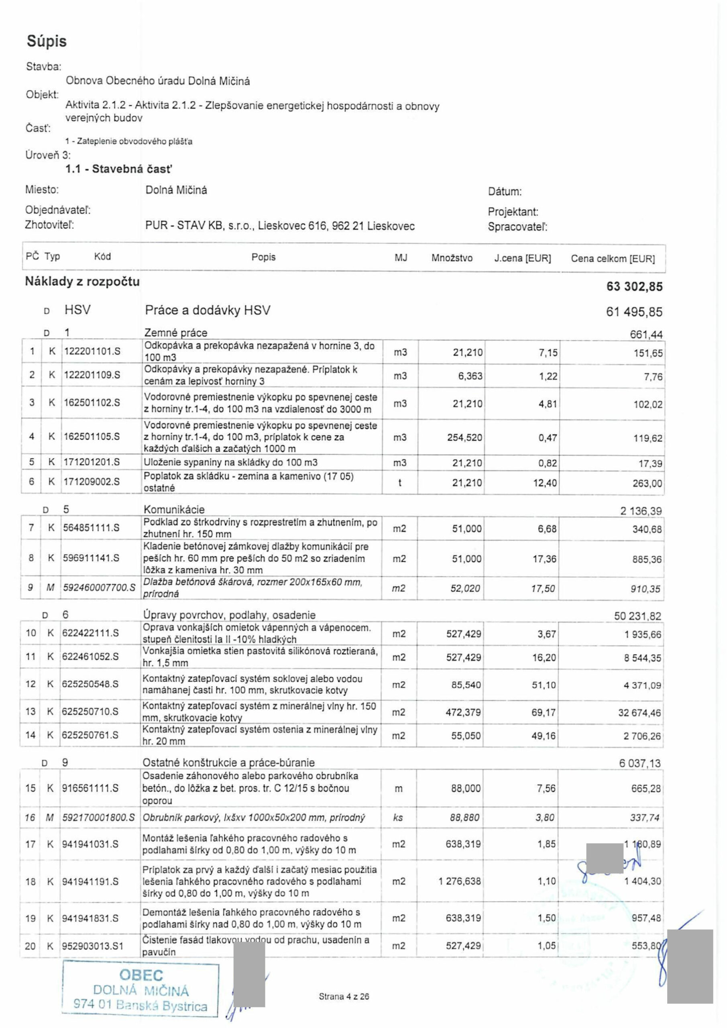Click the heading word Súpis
pos(47,41)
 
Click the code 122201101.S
pos(92,351)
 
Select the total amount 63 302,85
pos(634,287)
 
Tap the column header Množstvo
pos(452,258)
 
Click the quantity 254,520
pos(465,437)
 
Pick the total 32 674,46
pos(639,712)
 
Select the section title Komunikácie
pos(174,510)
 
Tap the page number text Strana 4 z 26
pos(344,997)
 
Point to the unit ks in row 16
pos(398,818)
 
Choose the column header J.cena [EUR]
pos(522,258)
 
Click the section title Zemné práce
pos(175,332)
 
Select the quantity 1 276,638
pos(460,881)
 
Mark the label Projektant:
pos(513,212)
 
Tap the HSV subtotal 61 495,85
pos(634,312)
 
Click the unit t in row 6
pos(400,482)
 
